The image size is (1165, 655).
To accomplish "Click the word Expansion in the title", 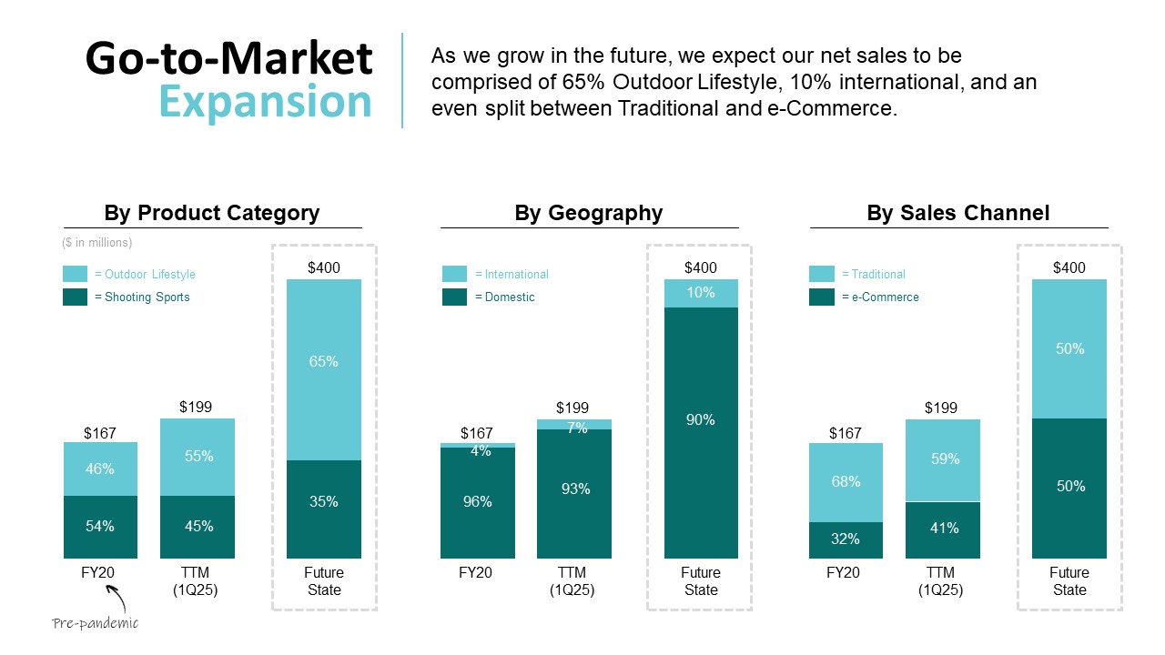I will (266, 102).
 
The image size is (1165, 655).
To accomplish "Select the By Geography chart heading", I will (588, 213).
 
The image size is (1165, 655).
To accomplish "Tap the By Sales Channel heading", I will (957, 213).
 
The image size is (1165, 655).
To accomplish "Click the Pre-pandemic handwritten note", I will (95, 623).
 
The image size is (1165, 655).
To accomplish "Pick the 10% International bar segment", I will (701, 293).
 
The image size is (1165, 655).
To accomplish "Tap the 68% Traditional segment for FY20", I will (846, 482).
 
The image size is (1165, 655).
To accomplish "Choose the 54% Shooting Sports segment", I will (100, 527).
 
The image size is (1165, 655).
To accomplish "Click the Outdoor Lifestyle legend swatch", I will (76, 274).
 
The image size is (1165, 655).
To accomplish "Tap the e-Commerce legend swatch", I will (822, 297).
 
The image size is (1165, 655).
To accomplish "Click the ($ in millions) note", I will (97, 243).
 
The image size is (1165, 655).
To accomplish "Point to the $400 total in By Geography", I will (701, 267).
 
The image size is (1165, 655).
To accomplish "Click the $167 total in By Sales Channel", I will (845, 433).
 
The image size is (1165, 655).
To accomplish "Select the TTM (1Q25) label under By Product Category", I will (197, 580).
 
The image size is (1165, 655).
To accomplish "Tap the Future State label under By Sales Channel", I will (1069, 580).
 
